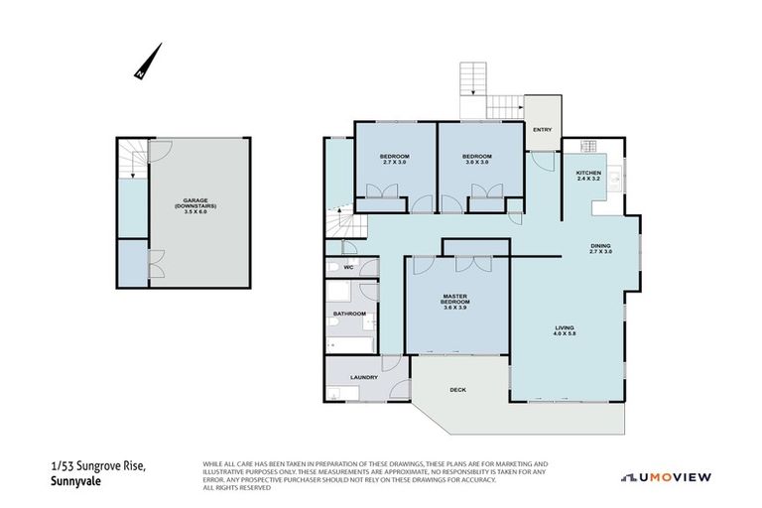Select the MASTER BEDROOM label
tap(455, 301)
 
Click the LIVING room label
tap(566, 331)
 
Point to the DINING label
tap(600, 248)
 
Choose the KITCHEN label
tap(589, 176)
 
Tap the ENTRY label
tap(542, 130)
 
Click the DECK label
tap(457, 390)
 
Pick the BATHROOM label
tap(349, 314)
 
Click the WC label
tap(348, 267)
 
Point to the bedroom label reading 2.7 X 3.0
tap(394, 159)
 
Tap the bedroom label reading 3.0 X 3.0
tap(477, 159)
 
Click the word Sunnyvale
tap(77, 483)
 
